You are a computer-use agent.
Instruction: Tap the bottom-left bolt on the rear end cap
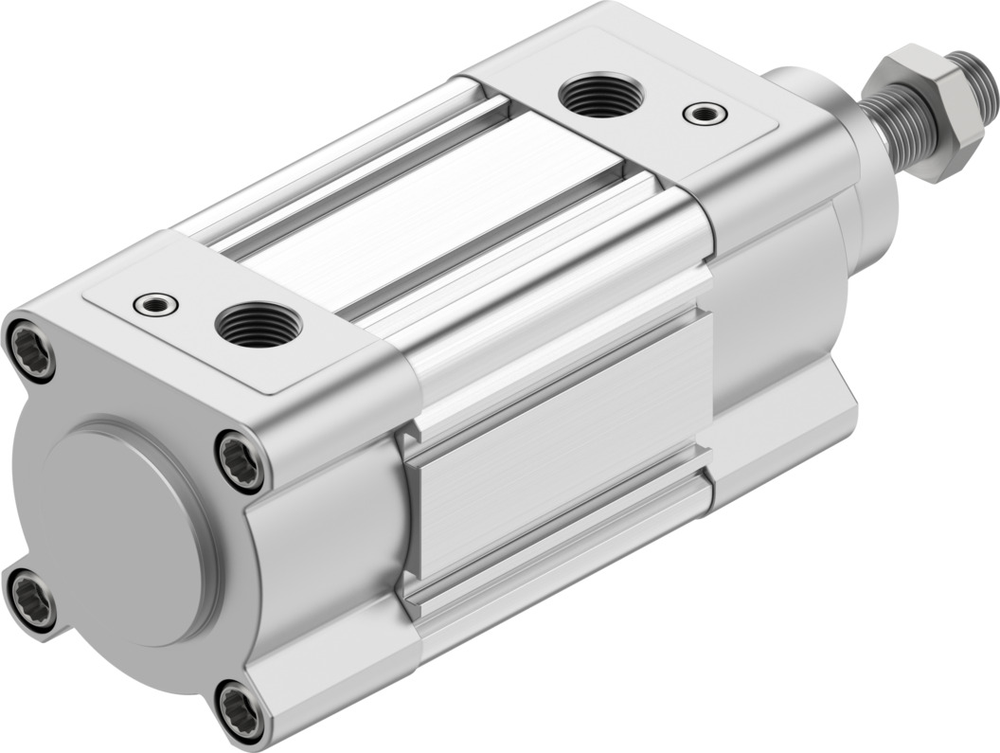coord(29,597)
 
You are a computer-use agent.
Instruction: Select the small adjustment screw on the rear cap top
coord(155,304)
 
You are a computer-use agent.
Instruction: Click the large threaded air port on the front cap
coord(600,96)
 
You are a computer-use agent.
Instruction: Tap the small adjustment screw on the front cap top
coord(705,113)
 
